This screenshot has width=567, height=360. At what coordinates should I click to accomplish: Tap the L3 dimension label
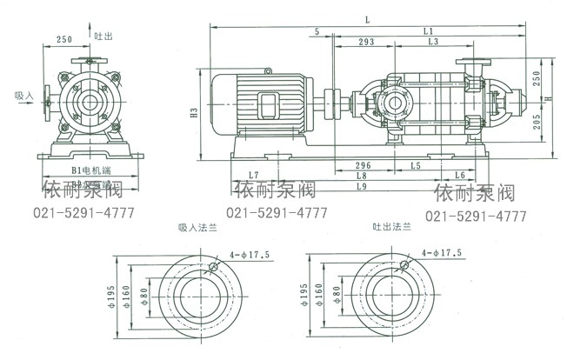[x=432, y=41]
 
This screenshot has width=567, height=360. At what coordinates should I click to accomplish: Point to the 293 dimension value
[x=366, y=41]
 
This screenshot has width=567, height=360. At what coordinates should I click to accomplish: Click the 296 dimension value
[x=364, y=164]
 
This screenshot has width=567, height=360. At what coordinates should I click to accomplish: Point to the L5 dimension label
[x=416, y=164]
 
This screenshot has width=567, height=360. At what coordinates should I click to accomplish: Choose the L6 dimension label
[x=460, y=176]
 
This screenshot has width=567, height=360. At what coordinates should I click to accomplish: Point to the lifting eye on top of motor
[x=269, y=70]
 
